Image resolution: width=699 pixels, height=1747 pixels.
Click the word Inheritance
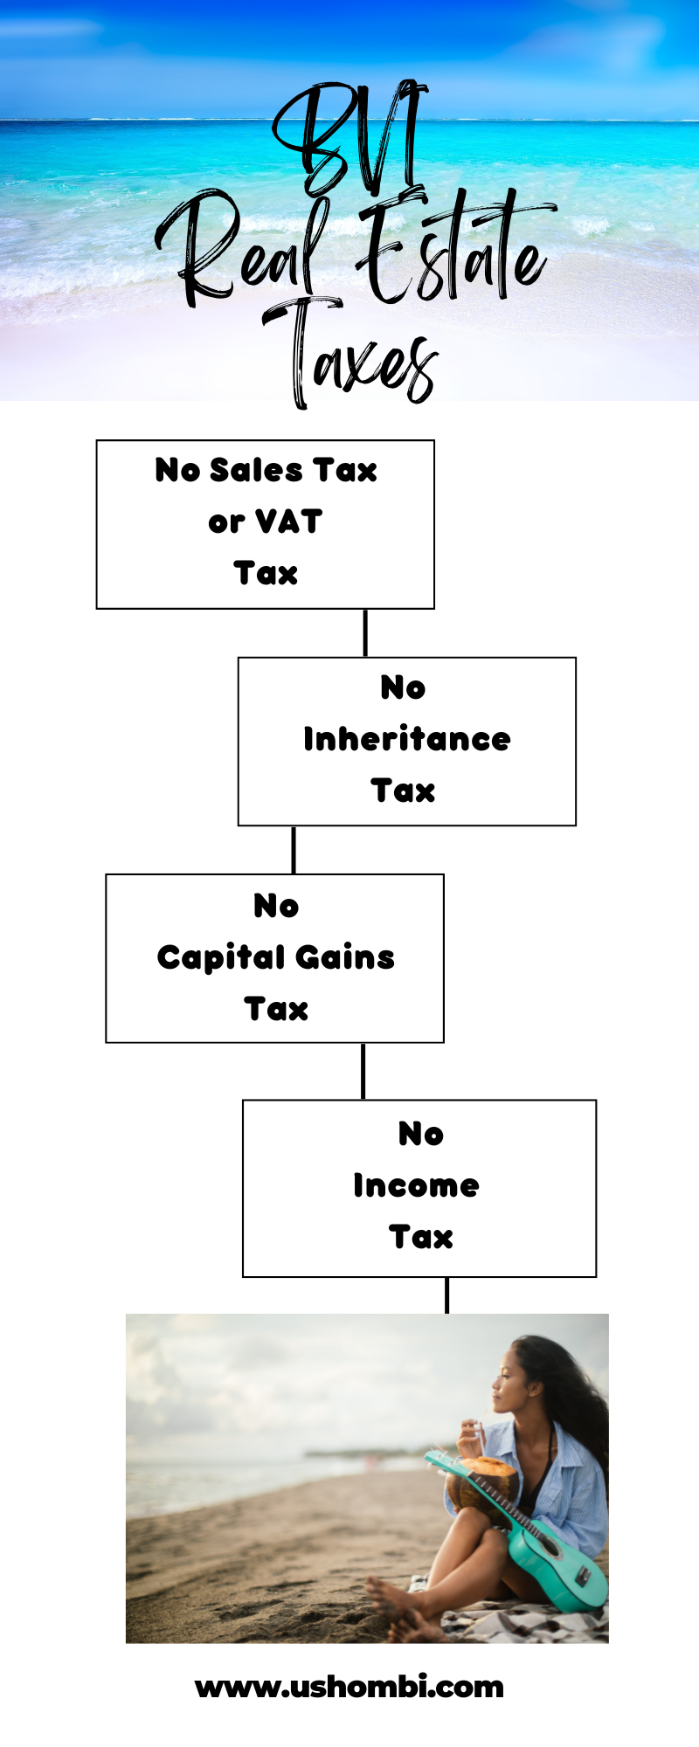point(407,739)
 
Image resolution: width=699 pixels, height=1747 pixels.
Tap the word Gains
point(345,957)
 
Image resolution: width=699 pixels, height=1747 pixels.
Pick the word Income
point(416,1185)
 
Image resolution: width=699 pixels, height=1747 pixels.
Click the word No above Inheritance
point(403,687)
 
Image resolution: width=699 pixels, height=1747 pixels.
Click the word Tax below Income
point(421,1237)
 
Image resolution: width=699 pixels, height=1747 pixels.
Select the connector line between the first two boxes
point(365,632)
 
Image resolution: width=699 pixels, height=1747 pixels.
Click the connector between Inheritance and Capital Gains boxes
point(294,850)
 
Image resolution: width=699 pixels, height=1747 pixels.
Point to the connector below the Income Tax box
point(447,1295)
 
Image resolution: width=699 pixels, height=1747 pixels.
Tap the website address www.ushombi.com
point(349,1687)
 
